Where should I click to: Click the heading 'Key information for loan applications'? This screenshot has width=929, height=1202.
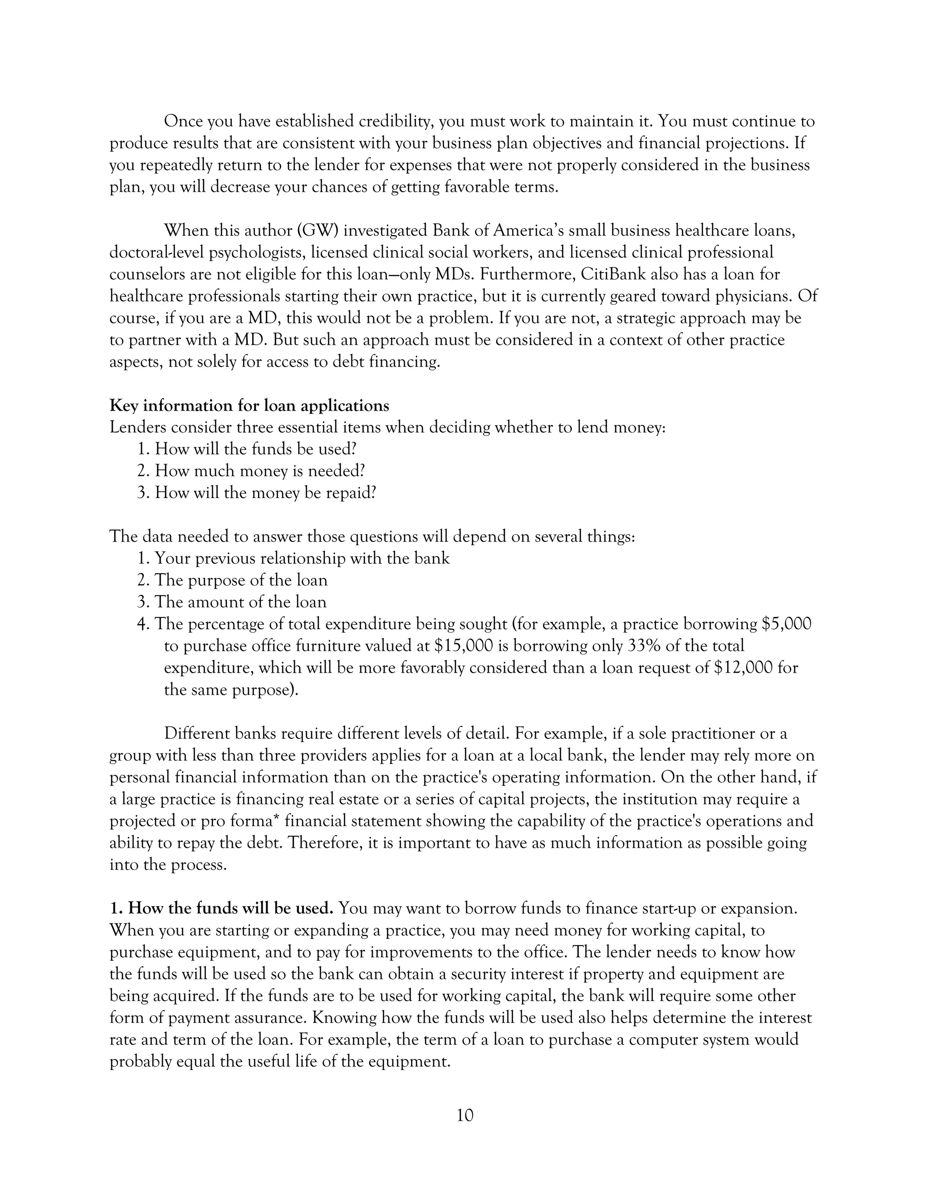[249, 406]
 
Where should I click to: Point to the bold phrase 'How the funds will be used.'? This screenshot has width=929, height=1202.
[222, 909]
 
